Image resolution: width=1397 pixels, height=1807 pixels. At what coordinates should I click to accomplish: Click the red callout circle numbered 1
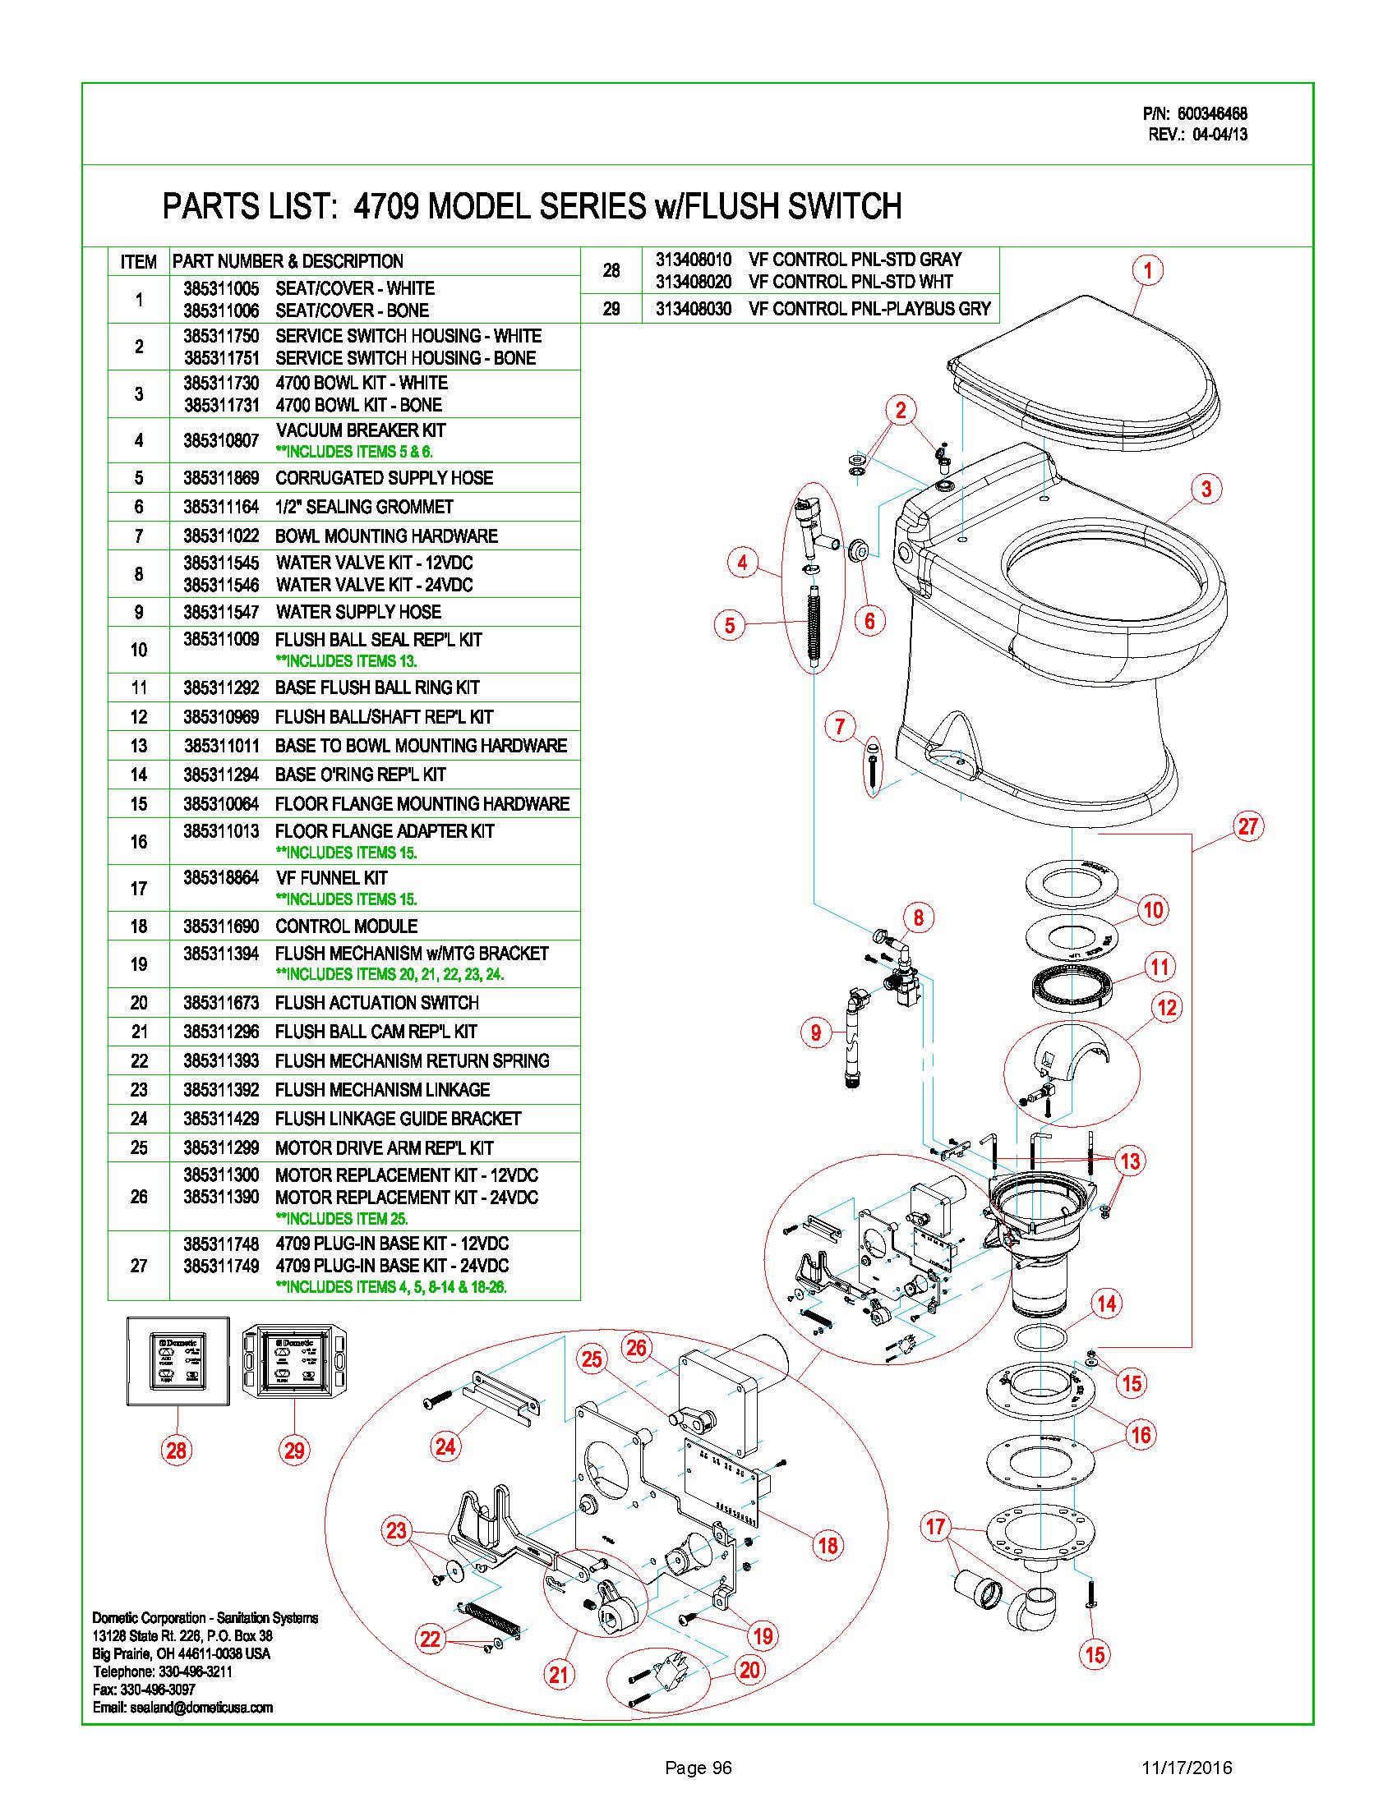point(1147,269)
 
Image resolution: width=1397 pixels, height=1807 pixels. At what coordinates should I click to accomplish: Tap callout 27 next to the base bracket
point(1248,825)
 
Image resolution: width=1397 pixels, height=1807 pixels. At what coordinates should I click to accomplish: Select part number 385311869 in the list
point(221,478)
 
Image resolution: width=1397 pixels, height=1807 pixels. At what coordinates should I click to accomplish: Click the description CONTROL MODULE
point(346,926)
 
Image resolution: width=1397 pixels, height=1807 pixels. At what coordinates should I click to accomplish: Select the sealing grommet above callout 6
point(857,549)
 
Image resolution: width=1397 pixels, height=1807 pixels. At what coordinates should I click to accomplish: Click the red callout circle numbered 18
point(828,1544)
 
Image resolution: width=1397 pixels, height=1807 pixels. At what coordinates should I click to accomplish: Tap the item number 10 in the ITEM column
point(139,651)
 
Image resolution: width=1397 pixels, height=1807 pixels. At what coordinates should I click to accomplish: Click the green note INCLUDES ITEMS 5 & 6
point(354,452)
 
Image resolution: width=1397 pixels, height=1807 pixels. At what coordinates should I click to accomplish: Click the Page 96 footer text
point(698,1768)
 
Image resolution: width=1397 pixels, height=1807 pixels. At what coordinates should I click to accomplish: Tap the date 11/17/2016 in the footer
point(1187,1768)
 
